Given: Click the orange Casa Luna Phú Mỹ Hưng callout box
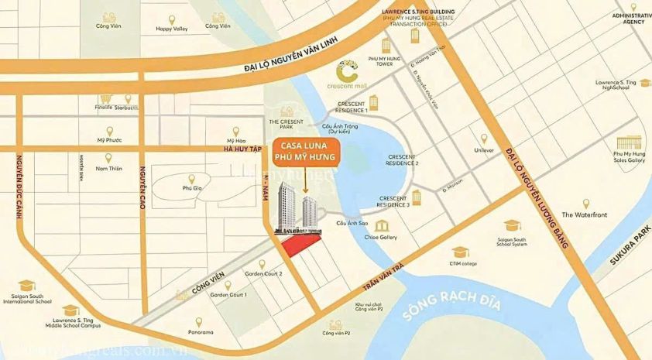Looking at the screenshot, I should coord(304,153).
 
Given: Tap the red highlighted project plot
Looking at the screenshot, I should coord(300,245).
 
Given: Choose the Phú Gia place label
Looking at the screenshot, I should coord(192,187).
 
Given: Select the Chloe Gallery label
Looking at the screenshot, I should coord(383,238).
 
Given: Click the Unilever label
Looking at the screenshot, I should coord(484,150).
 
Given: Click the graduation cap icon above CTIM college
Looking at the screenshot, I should coord(460,252).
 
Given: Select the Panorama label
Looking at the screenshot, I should coord(200,332).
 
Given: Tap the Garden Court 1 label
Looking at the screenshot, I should coord(228,295).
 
